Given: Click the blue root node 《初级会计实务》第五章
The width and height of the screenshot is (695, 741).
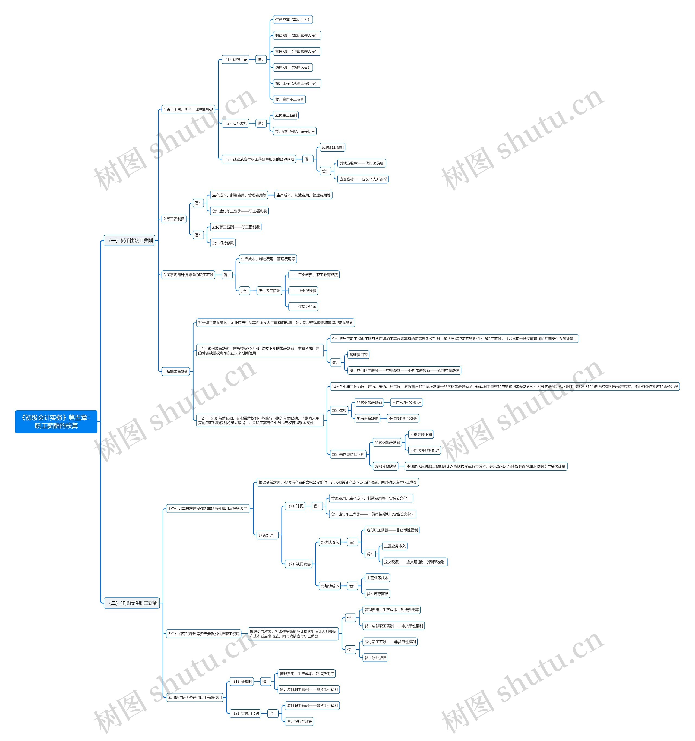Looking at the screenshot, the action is [56, 422].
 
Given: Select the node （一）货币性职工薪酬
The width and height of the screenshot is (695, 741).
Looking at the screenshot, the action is [130, 240].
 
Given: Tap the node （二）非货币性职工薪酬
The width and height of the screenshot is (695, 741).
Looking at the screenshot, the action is [132, 603].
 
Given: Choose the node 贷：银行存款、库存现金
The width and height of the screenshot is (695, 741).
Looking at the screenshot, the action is [295, 131].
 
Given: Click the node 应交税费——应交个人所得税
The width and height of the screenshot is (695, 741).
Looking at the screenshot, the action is [363, 179].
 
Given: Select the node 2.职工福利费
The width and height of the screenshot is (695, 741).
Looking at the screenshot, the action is [174, 219].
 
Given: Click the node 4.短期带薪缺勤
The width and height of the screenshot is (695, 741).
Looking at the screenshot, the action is [176, 371].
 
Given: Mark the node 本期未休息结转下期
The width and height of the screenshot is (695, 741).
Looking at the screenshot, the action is [348, 454].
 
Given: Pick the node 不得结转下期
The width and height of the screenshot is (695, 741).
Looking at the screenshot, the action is [421, 434].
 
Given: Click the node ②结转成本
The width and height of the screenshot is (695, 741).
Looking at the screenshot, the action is [330, 586].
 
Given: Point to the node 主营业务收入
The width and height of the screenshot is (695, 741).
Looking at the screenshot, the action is [395, 546].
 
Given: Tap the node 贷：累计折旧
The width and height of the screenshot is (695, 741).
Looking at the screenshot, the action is [375, 658].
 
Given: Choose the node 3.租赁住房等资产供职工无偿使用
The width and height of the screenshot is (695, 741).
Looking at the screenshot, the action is [195, 697].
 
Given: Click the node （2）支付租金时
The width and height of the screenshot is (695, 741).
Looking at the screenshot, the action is [246, 713].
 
